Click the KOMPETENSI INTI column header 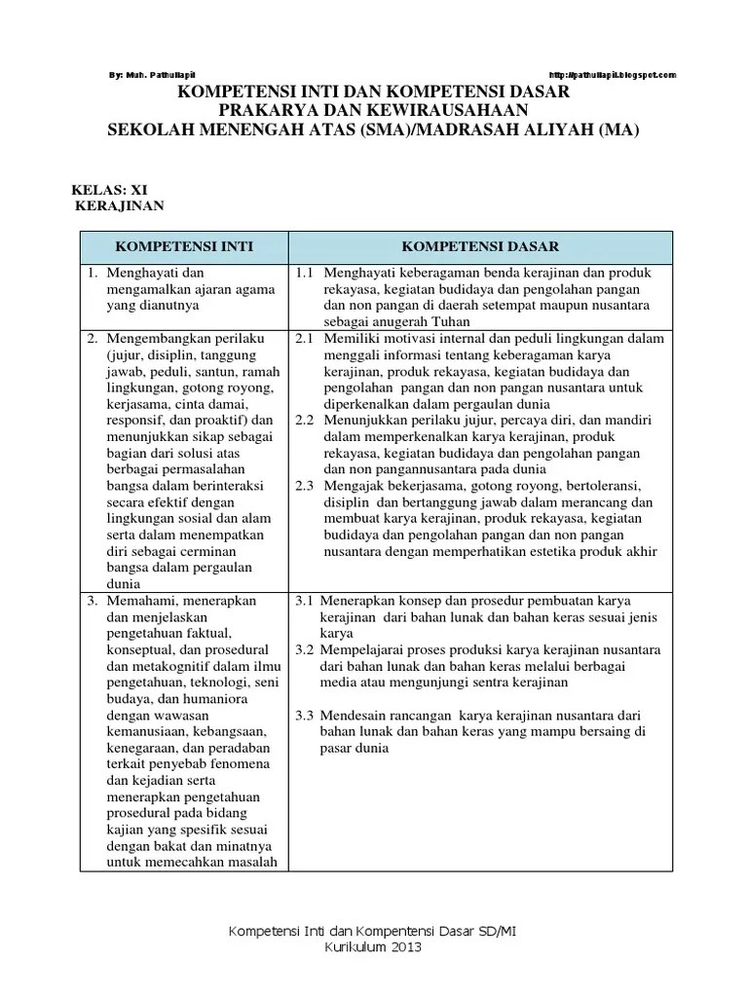pos(185,247)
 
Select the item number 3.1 pos(304,601)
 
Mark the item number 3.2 pos(304,649)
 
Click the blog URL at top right pos(613,75)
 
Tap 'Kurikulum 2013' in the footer pos(373,947)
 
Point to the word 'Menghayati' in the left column pos(142,272)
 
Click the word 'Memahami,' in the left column pos(138,601)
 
